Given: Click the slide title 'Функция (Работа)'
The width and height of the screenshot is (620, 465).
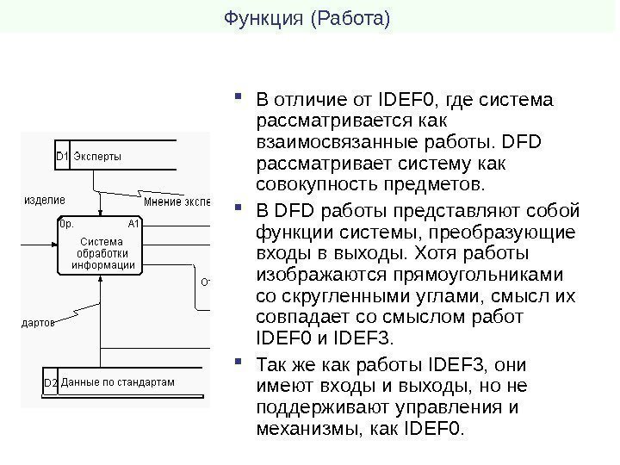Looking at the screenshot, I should pyautogui.click(x=307, y=16).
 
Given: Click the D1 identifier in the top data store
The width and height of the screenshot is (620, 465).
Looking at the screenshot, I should pyautogui.click(x=61, y=156).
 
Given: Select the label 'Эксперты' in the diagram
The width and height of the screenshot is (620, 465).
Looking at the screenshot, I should pyautogui.click(x=97, y=156).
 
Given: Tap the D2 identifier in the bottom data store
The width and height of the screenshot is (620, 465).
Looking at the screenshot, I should pyautogui.click(x=50, y=381).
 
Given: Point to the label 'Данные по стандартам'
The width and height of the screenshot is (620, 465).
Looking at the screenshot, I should pyautogui.click(x=118, y=381).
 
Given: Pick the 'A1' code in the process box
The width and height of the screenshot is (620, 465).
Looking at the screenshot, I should pyautogui.click(x=133, y=223).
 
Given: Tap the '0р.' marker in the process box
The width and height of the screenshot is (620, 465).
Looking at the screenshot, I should pyautogui.click(x=65, y=223).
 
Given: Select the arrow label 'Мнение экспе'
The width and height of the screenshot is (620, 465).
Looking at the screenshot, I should pyautogui.click(x=177, y=202).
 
